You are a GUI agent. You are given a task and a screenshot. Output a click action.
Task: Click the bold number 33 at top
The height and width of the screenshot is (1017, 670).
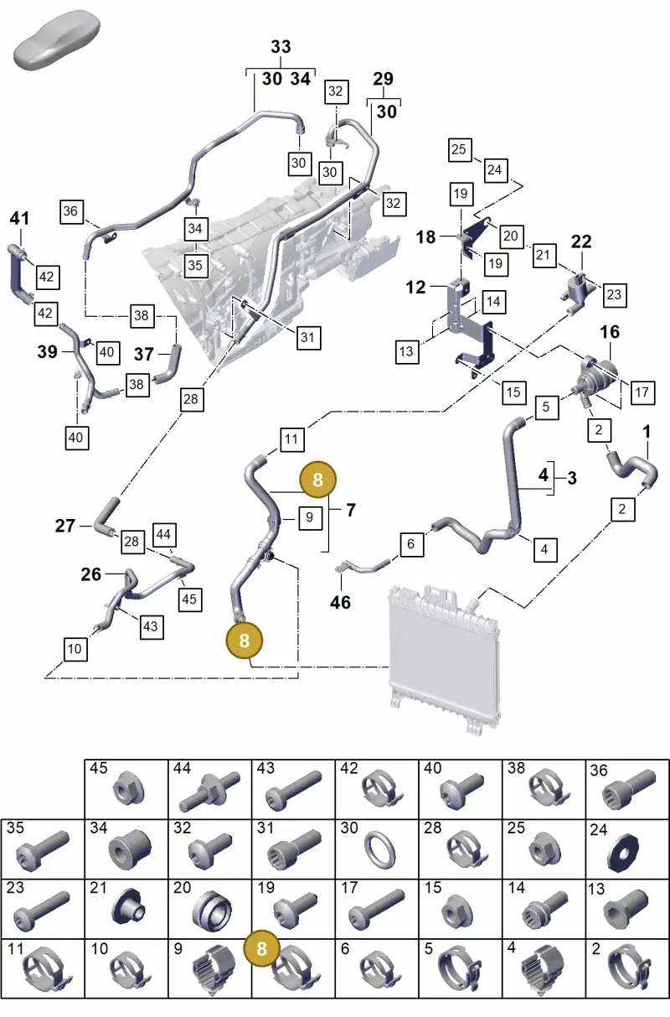coord(281,46)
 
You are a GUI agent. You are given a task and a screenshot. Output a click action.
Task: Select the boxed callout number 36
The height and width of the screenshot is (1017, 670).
coord(71,211)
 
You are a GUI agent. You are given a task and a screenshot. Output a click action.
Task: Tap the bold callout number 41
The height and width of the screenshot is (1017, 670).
coord(19,218)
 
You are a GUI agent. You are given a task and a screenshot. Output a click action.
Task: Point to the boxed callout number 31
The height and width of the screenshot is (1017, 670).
coord(308,337)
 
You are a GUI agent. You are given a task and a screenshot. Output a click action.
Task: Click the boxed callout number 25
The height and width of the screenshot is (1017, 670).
coord(460,149)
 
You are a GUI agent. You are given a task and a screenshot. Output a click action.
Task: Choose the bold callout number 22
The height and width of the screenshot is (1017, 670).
coord(581,241)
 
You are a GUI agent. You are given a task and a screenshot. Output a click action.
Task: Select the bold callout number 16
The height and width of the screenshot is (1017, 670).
coord(610,332)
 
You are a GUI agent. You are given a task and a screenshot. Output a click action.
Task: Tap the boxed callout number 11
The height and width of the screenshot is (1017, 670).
coord(291,439)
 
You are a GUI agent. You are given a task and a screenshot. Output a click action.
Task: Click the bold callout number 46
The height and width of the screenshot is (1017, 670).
coord(340,603)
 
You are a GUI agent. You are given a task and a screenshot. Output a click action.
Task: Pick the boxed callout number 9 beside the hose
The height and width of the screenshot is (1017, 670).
coord(310,517)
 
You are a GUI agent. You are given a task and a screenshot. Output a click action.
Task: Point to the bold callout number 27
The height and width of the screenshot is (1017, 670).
coord(64,526)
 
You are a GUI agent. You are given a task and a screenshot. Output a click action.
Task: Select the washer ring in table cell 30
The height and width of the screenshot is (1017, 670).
coord(379,850)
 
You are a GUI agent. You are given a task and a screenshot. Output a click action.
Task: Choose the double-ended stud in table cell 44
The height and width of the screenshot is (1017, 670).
coord(209,791)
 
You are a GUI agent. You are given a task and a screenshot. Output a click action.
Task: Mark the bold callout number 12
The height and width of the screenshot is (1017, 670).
coord(415,287)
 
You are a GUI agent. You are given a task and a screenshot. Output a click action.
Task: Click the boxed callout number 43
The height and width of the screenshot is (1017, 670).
coord(151,626)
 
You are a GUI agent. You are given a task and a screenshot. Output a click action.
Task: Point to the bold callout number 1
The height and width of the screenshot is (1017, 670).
coord(647,431)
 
